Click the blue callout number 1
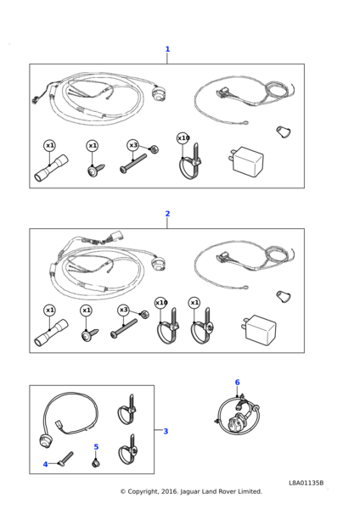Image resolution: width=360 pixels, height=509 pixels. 167,49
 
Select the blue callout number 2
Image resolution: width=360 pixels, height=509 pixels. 167,214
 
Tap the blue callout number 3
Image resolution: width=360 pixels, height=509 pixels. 166,431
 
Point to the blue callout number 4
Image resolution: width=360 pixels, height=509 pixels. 45,465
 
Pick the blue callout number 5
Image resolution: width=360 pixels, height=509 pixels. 96,447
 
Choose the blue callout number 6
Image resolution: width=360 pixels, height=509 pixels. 237,383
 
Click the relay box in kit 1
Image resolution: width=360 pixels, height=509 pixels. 246,161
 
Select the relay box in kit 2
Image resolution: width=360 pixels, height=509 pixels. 259,329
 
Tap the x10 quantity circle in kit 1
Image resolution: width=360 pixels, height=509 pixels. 183,138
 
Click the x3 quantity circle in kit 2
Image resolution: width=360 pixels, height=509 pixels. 123,310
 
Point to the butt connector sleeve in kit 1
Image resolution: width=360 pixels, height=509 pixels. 51,168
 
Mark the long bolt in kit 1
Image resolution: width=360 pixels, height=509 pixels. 133,163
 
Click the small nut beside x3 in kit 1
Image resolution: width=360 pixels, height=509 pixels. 153,150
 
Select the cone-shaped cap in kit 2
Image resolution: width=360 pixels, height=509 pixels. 284,297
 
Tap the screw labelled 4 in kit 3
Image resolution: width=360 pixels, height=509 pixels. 65,459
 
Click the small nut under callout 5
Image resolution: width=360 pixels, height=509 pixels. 95,463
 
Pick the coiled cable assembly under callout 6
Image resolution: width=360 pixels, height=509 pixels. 238,416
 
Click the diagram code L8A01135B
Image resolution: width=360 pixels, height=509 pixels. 306,483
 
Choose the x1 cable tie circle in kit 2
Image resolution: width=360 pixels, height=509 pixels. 194,303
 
